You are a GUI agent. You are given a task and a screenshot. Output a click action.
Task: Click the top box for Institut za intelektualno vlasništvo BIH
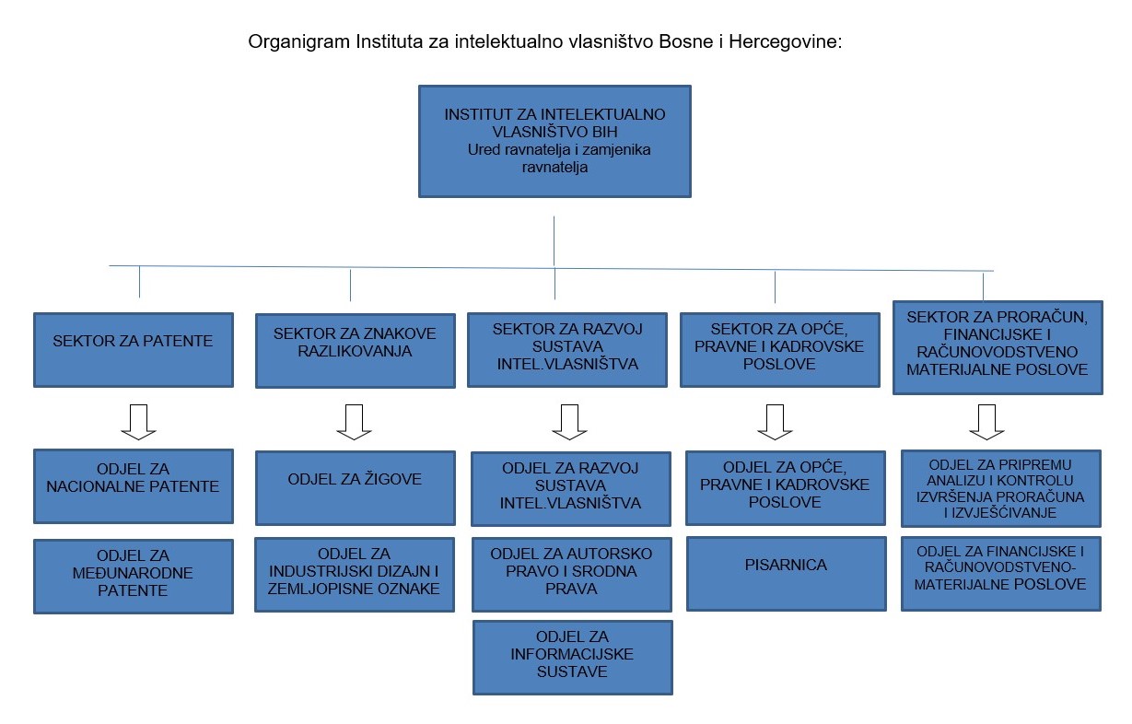(x=554, y=141)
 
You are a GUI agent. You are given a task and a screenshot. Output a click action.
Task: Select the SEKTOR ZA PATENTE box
(x=134, y=350)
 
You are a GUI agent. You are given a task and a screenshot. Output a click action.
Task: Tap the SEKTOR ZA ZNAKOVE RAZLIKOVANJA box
(x=356, y=351)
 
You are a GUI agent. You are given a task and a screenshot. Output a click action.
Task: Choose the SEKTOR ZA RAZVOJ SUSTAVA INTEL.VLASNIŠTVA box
(x=567, y=350)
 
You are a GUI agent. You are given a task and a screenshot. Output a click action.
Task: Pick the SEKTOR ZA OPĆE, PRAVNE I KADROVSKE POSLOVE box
(x=780, y=350)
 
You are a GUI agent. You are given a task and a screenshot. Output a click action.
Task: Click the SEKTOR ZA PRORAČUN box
(x=998, y=347)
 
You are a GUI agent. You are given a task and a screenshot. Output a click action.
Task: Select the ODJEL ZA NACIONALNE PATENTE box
(x=134, y=486)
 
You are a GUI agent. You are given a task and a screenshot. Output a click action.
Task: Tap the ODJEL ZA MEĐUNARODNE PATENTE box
(x=134, y=577)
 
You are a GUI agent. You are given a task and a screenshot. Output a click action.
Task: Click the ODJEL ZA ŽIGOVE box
(x=356, y=488)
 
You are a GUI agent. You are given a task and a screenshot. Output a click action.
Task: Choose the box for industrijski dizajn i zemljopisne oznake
(x=355, y=575)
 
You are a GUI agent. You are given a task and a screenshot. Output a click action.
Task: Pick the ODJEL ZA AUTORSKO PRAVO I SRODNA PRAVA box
(x=572, y=575)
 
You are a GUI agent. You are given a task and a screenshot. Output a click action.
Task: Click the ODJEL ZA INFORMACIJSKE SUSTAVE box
(x=573, y=658)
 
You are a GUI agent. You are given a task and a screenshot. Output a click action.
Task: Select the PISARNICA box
(x=787, y=574)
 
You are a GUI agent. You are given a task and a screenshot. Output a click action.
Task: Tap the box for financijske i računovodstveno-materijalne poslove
(x=1000, y=574)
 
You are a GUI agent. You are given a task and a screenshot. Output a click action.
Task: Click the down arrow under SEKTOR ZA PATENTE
(x=138, y=422)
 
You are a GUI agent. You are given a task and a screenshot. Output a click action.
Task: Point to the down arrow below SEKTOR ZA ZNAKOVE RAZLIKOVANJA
(x=354, y=422)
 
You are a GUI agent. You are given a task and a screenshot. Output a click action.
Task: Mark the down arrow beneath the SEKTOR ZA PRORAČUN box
(x=986, y=422)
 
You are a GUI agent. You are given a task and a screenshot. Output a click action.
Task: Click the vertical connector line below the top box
(x=554, y=241)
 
